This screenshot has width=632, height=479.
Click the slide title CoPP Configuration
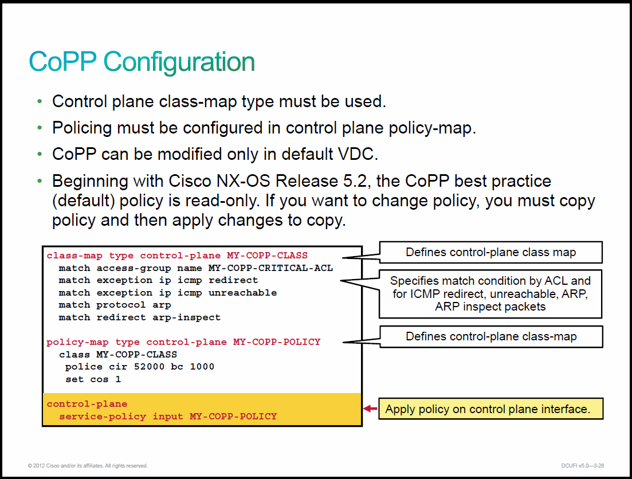pyautogui.click(x=142, y=62)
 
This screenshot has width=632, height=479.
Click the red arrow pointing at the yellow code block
pyautogui.click(x=370, y=409)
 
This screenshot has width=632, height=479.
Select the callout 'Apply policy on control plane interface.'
pyautogui.click(x=490, y=409)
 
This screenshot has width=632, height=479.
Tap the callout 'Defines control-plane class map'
pyautogui.click(x=490, y=253)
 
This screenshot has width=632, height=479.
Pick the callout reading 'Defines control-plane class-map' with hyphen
pyautogui.click(x=491, y=336)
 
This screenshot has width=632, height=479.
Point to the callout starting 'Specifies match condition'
pyautogui.click(x=490, y=293)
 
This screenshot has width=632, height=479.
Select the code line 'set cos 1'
pyautogui.click(x=93, y=379)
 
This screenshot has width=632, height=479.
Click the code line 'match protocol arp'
pyautogui.click(x=115, y=305)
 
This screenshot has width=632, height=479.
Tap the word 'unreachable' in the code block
pyautogui.click(x=242, y=293)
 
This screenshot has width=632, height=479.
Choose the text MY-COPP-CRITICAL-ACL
pyautogui.click(x=270, y=268)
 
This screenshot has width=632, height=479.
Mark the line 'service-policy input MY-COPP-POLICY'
pyautogui.click(x=168, y=417)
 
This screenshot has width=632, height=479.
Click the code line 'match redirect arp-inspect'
pyautogui.click(x=139, y=318)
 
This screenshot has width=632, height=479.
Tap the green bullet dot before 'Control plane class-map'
pyautogui.click(x=40, y=101)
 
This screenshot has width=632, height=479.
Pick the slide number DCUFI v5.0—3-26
pyautogui.click(x=582, y=466)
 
